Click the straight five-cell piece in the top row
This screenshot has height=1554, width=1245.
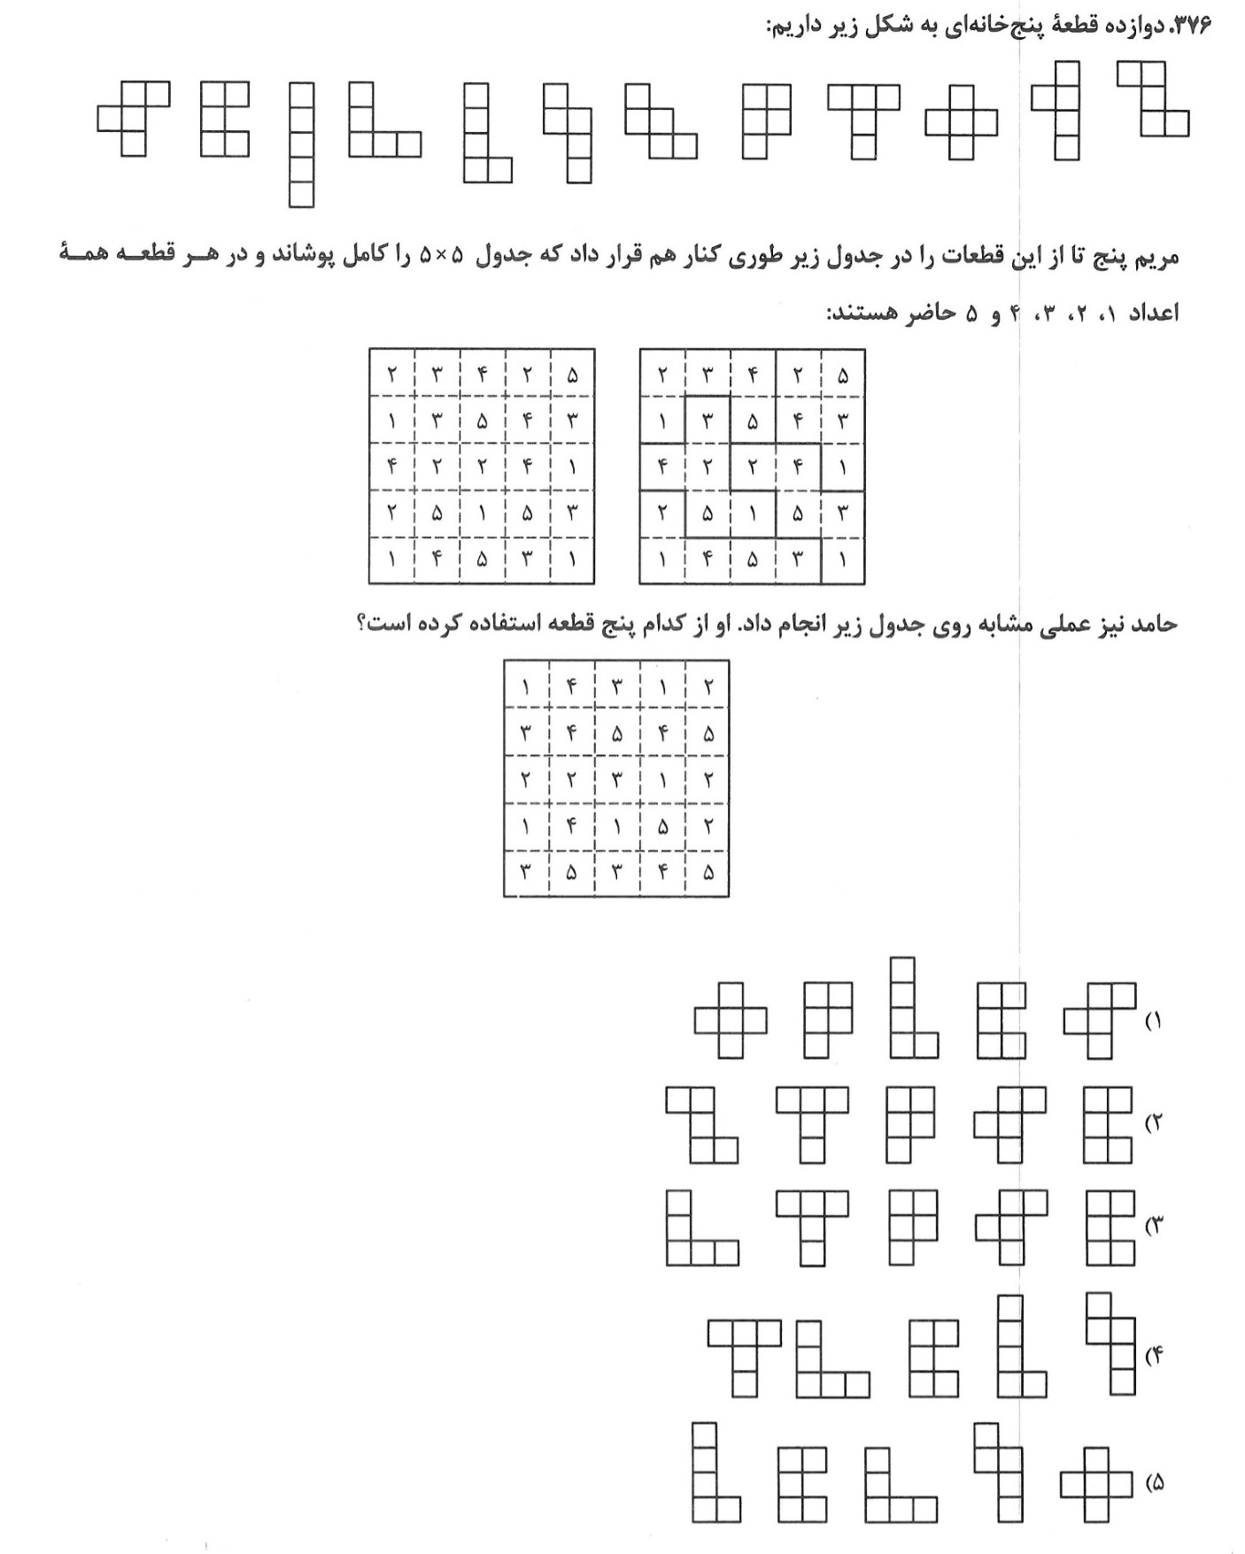click(x=301, y=144)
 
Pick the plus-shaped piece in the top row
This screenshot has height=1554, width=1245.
click(x=961, y=122)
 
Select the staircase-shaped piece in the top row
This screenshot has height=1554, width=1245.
click(x=661, y=121)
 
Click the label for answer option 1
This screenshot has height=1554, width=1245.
click(x=1152, y=1021)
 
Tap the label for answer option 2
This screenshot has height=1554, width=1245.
click(x=1152, y=1124)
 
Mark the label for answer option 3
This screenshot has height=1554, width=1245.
click(x=1152, y=1226)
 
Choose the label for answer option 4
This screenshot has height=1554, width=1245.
click(x=1152, y=1356)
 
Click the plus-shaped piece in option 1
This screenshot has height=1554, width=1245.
click(x=731, y=1021)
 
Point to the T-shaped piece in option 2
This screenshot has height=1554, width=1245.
click(x=812, y=1117)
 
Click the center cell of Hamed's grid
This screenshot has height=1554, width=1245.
click(x=617, y=779)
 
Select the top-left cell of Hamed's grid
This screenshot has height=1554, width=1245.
click(x=526, y=686)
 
